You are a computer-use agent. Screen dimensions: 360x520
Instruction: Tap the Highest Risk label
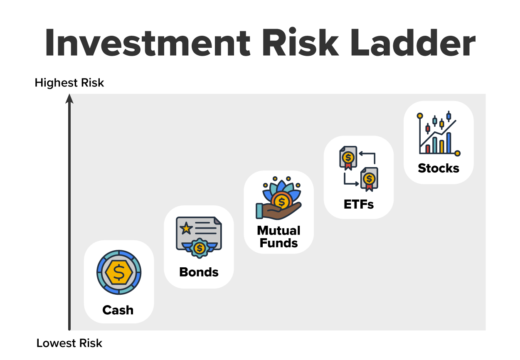click(69, 83)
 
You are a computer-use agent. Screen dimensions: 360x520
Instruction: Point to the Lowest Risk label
click(69, 343)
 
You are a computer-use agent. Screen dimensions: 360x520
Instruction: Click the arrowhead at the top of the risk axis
click(70, 99)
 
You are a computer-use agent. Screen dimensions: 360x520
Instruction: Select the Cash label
click(118, 310)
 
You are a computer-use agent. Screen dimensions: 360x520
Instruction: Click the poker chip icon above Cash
click(119, 272)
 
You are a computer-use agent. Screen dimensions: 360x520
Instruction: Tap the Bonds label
click(199, 272)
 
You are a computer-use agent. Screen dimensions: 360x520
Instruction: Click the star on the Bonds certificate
click(186, 227)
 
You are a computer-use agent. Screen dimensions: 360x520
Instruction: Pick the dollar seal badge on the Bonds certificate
click(200, 248)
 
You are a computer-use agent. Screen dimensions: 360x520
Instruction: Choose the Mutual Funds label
click(278, 237)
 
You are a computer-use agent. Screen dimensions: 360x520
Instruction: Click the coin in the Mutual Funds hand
click(282, 202)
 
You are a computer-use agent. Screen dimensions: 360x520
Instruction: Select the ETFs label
click(358, 204)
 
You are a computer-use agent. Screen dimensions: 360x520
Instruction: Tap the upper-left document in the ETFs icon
click(348, 158)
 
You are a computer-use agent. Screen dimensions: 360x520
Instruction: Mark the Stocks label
click(439, 168)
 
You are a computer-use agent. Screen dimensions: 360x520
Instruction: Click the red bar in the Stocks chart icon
click(427, 149)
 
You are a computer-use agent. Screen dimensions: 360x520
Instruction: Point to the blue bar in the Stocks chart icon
click(449, 143)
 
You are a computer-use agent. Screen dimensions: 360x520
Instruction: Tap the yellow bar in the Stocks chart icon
click(441, 147)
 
